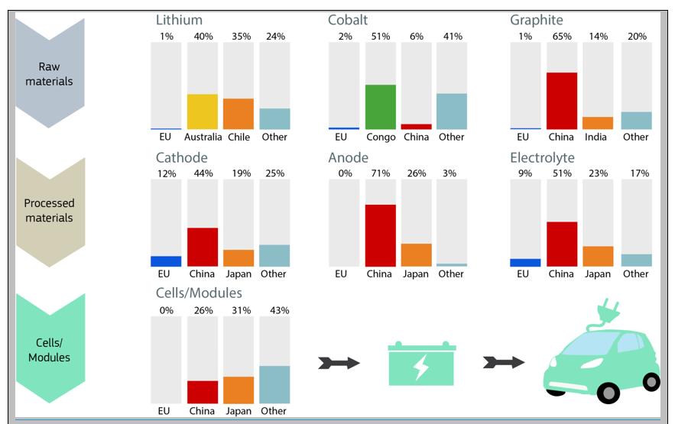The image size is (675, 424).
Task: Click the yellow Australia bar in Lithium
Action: (203, 112)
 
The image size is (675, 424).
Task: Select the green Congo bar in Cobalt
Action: (381, 107)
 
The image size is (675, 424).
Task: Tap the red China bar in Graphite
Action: (561, 101)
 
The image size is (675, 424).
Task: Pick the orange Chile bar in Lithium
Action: (239, 114)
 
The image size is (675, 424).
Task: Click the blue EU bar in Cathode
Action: (166, 261)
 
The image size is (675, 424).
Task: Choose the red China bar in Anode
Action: (381, 235)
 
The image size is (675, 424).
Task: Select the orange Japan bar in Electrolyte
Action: (598, 256)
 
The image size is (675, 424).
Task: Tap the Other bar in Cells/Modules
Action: (274, 384)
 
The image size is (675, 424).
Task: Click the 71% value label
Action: (379, 173)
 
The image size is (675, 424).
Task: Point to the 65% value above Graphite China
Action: (561, 37)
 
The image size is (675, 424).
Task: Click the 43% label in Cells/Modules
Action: (274, 310)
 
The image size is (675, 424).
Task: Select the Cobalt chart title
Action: (348, 20)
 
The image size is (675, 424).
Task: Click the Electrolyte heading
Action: (542, 157)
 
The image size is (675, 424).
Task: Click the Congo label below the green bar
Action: (381, 137)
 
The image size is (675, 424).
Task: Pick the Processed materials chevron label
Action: (49, 210)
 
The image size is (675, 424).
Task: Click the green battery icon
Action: (421, 362)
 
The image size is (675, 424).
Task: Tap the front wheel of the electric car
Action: (608, 393)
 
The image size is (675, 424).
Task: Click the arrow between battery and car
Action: (504, 362)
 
